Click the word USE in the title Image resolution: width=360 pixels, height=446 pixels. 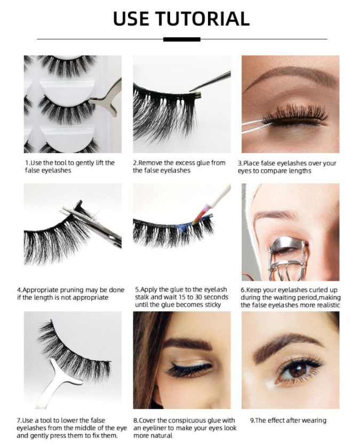pos(131,19)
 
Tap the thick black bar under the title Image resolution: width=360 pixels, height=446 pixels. pos(181,39)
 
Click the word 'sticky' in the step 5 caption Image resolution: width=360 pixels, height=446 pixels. pos(213,305)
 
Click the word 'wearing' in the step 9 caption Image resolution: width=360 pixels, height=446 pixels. pos(315,420)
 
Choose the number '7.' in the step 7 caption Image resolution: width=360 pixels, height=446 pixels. pos(19,420)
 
